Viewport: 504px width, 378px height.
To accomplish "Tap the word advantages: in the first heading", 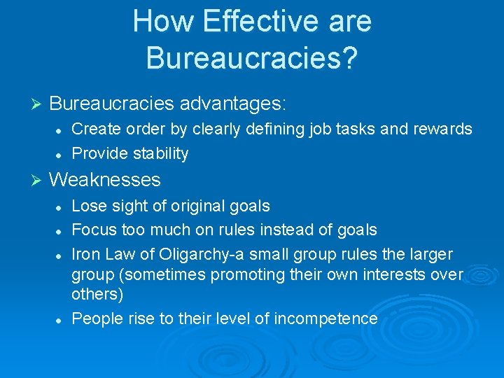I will point(233,104).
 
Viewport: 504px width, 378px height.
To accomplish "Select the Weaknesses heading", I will point(105,180).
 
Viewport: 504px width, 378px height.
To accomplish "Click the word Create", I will point(94,129).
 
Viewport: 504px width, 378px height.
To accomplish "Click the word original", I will point(190,206).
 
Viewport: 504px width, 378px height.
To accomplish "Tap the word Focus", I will point(94,230).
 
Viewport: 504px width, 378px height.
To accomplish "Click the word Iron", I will point(86,253).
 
